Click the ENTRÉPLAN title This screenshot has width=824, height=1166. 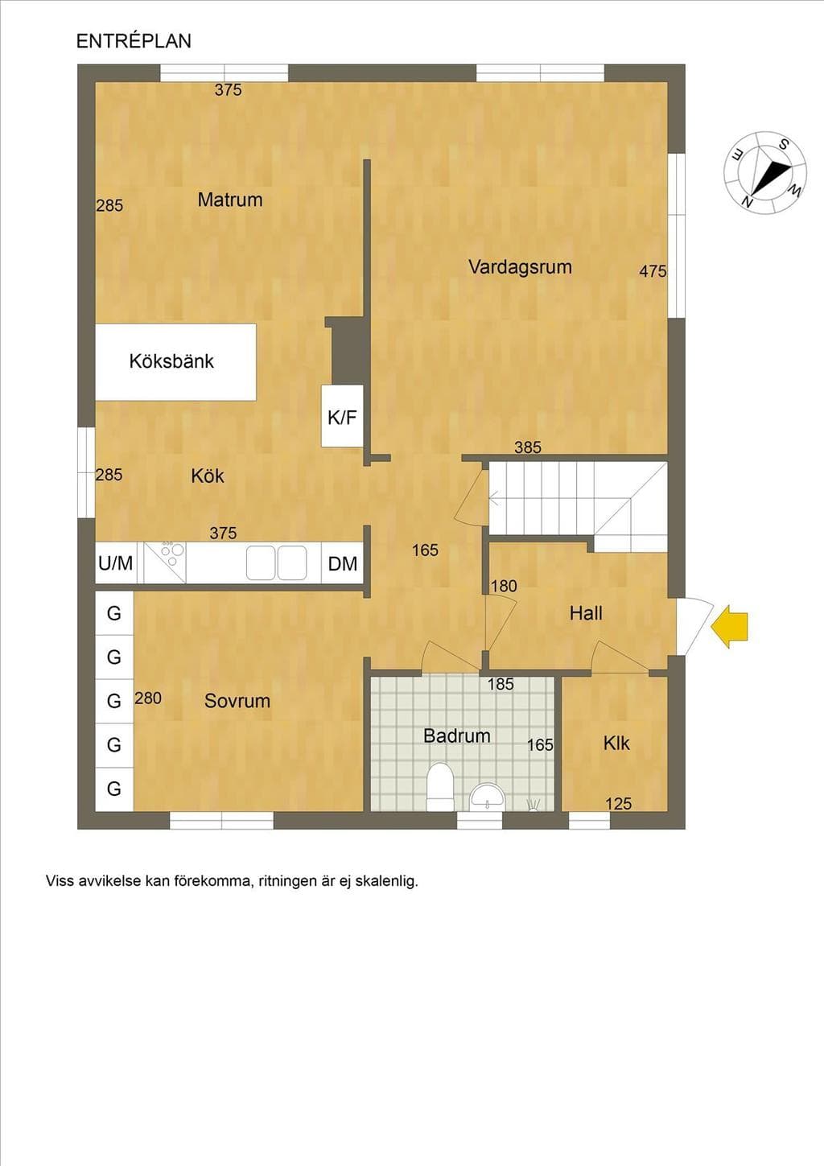click(x=134, y=41)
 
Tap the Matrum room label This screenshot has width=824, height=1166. click(x=230, y=200)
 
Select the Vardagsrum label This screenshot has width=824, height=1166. click(x=520, y=267)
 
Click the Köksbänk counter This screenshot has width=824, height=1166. click(x=175, y=362)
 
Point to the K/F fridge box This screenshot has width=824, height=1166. click(x=342, y=416)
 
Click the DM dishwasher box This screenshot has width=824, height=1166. click(x=343, y=563)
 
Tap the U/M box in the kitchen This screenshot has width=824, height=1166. click(x=116, y=563)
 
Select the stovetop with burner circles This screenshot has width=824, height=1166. click(x=164, y=562)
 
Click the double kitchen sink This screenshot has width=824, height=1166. click(x=276, y=562)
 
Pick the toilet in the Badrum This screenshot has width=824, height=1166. click(x=440, y=786)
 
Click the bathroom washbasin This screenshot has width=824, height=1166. click(x=487, y=797)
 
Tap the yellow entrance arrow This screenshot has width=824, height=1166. click(x=729, y=627)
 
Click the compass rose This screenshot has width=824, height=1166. click(x=765, y=172)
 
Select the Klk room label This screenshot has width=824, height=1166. click(x=616, y=744)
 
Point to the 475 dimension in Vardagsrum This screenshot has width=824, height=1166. click(x=653, y=271)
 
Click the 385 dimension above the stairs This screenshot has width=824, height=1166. click(x=528, y=447)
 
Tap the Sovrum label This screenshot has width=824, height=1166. click(x=237, y=701)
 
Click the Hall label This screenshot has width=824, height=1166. click(x=586, y=613)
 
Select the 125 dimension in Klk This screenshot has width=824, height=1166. click(x=619, y=804)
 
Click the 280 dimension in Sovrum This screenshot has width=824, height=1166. click(x=148, y=698)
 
